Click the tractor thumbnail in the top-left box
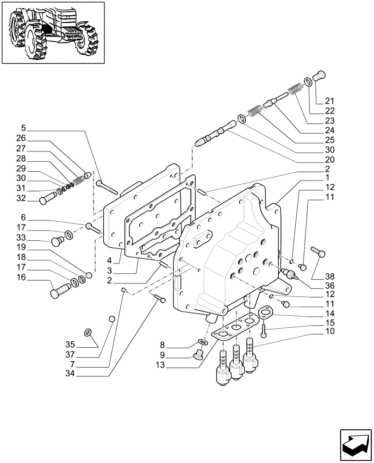[53, 32]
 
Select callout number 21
[329, 101]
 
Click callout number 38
[329, 276]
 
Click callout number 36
[329, 286]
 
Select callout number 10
[329, 332]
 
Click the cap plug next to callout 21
[319, 75]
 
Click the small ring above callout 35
[89, 332]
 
